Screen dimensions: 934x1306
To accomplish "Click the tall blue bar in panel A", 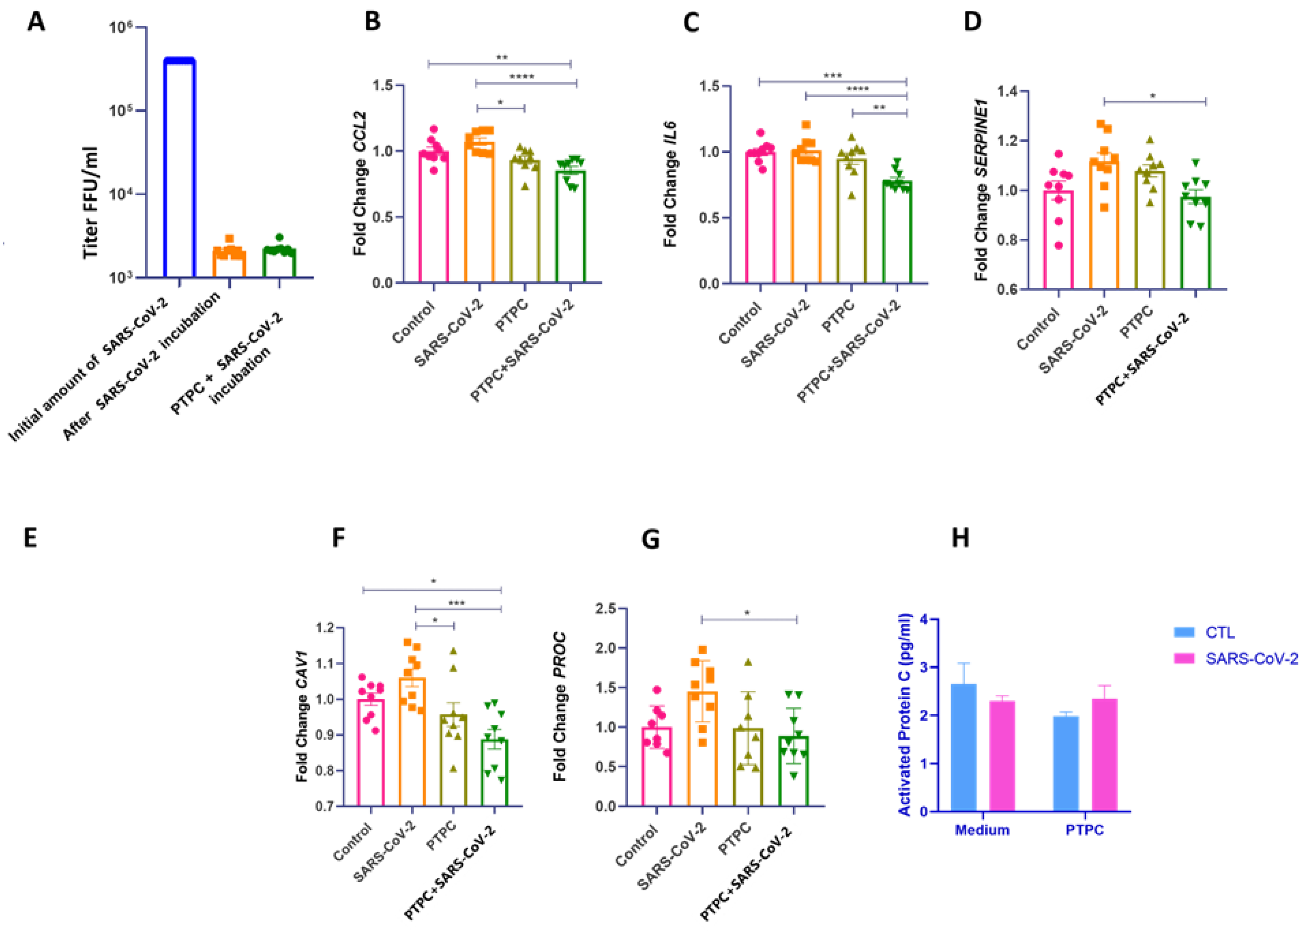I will click(x=179, y=167).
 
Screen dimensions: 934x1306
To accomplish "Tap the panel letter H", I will click(x=960, y=538).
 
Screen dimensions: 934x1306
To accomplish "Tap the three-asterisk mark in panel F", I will click(x=456, y=603).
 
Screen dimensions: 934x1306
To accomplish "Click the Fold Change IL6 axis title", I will click(x=670, y=184).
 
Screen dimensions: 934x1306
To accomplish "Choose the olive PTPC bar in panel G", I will click(x=748, y=767).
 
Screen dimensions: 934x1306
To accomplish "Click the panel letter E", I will click(x=30, y=538).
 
